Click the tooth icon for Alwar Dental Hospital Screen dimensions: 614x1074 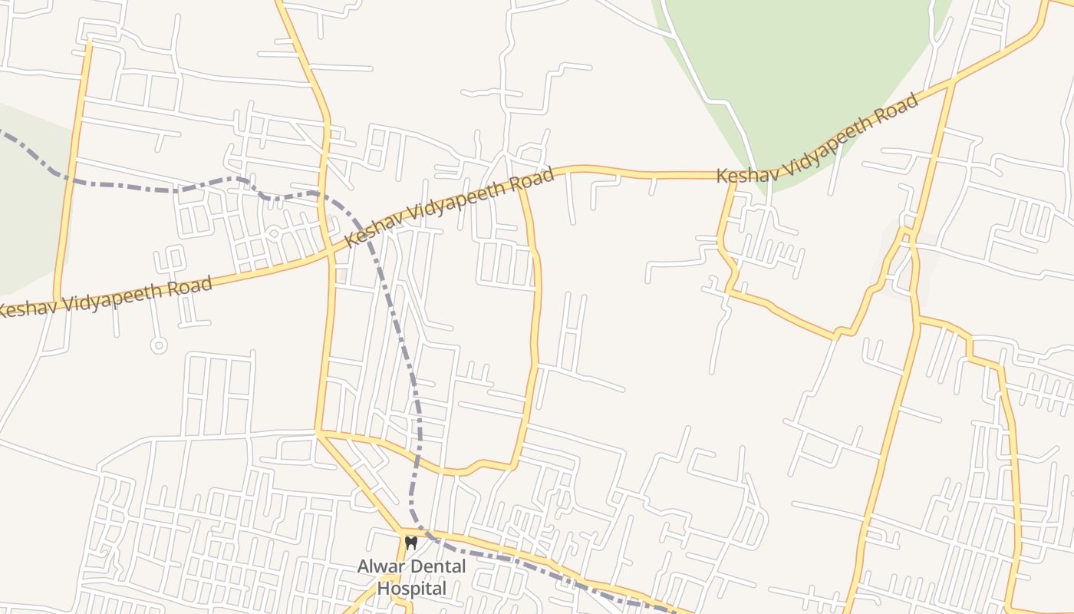(x=410, y=543)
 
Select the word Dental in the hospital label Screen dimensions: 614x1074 (x=437, y=567)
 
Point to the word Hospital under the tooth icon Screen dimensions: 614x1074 (x=411, y=589)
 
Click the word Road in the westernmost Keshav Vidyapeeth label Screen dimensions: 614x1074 (x=189, y=289)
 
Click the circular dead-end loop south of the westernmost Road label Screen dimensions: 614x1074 (x=159, y=345)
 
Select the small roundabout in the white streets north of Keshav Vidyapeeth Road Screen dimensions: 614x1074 (x=274, y=234)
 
